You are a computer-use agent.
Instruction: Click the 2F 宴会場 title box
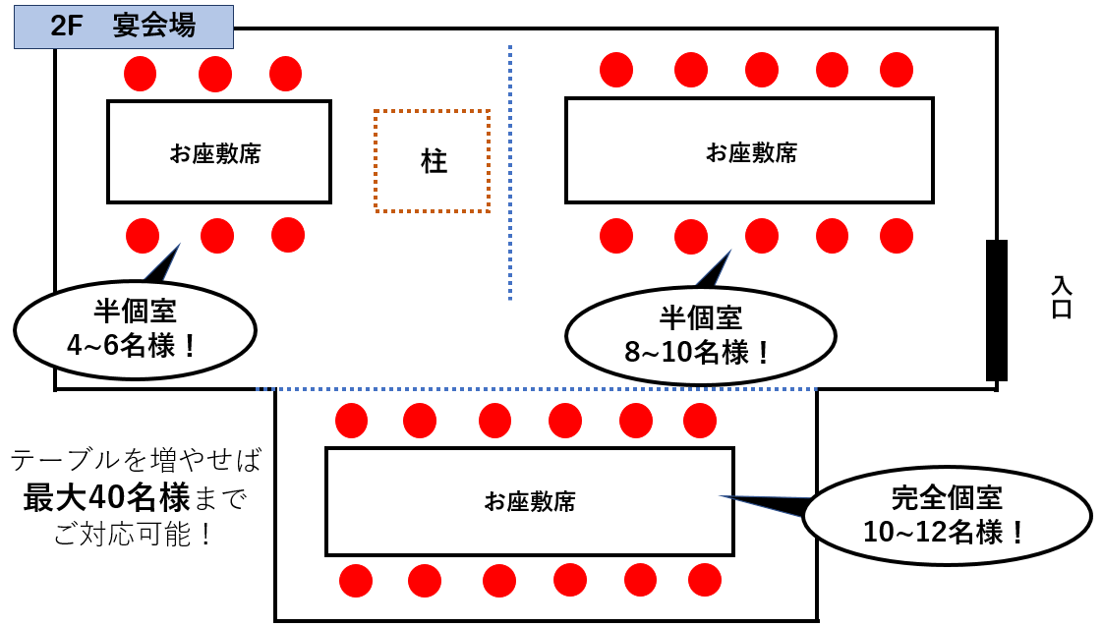(123, 27)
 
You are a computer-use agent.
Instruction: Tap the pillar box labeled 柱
(433, 161)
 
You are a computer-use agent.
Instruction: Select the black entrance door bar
(996, 310)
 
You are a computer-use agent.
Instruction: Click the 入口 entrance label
(1061, 297)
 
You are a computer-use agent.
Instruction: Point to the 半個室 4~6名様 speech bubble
(135, 329)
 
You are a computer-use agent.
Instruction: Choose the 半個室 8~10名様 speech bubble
(700, 334)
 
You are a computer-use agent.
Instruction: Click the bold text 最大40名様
(106, 498)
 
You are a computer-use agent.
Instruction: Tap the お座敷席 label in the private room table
(530, 501)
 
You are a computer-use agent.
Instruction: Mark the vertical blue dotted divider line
(510, 172)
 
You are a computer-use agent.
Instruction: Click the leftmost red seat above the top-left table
(141, 73)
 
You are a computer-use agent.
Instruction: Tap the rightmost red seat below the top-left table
(288, 235)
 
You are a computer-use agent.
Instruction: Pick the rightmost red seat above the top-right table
(897, 70)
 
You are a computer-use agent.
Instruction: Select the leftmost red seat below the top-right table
(616, 236)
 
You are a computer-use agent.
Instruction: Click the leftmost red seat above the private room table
(351, 421)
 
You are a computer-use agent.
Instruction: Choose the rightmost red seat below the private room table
(704, 581)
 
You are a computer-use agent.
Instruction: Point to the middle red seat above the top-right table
(762, 70)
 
